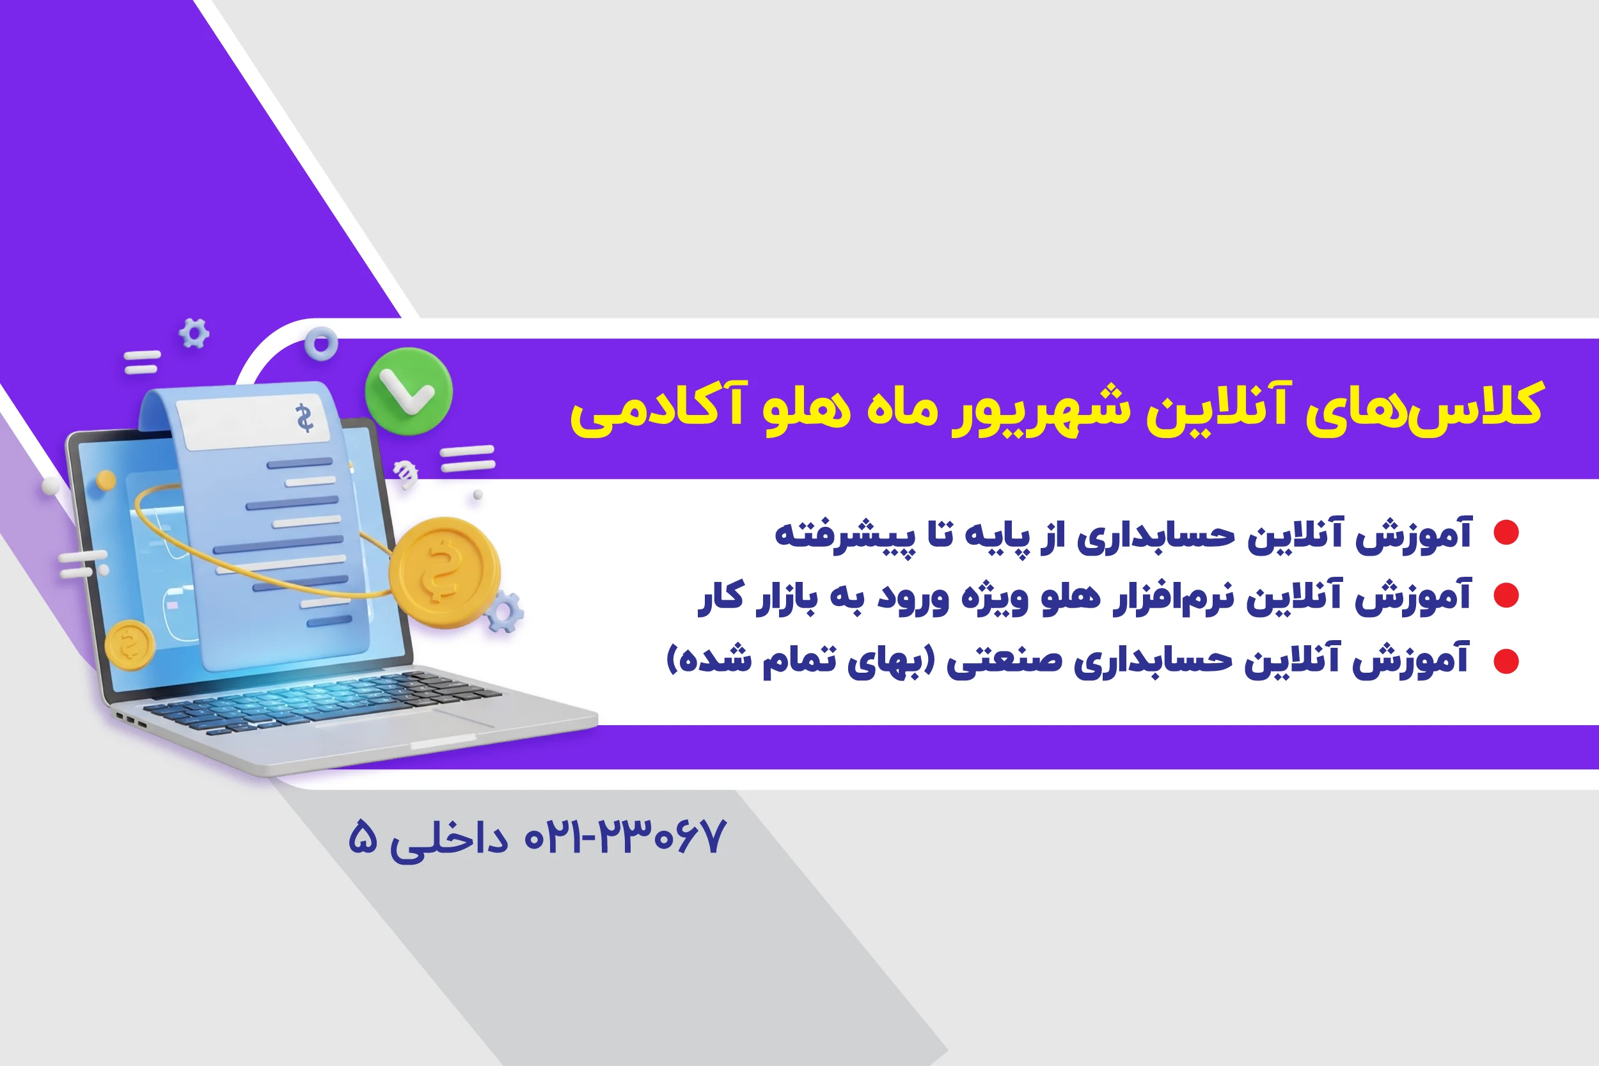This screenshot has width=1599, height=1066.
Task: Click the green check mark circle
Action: (409, 391)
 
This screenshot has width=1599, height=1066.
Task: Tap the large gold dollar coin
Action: (445, 572)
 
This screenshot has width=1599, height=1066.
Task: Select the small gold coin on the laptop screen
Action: (130, 645)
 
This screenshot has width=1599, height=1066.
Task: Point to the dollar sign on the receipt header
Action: (304, 418)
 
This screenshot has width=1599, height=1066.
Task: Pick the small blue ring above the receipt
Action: (321, 344)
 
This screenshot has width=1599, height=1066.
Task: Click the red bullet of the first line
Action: (1505, 532)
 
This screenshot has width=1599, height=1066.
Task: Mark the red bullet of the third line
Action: (1505, 661)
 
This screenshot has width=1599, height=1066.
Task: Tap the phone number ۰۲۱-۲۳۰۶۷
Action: (626, 837)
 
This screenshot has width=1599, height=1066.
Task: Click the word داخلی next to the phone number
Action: (449, 840)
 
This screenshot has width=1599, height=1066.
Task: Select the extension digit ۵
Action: (363, 837)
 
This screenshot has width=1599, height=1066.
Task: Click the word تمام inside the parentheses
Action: (798, 661)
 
